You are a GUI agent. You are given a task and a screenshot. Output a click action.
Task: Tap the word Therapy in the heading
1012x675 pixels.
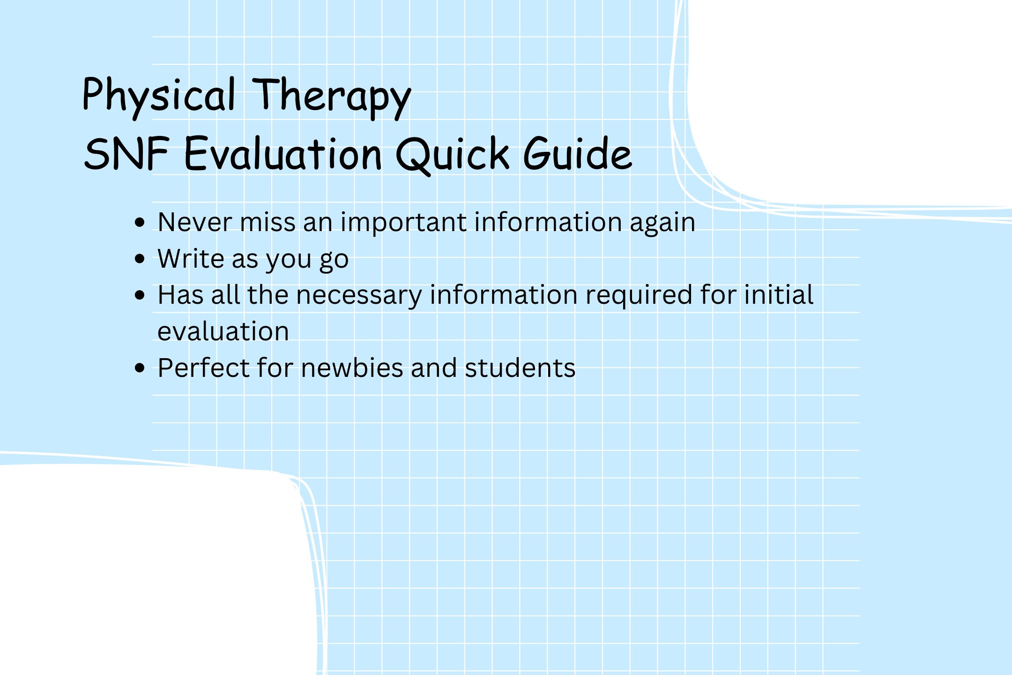coord(332,96)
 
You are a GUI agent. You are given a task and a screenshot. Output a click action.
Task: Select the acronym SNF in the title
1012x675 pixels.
coord(126,154)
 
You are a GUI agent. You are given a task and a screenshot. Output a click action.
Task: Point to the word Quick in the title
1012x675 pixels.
coord(453,154)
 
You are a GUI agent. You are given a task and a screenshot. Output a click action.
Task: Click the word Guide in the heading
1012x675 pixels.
coord(577,154)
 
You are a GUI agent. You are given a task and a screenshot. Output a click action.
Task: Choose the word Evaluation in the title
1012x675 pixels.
coord(283,154)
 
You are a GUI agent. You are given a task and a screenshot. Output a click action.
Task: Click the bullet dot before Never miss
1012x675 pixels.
coord(139,222)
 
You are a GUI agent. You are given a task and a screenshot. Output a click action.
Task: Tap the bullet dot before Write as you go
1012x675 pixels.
coord(139,259)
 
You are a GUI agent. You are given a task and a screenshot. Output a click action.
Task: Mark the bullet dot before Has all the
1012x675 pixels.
coord(139,295)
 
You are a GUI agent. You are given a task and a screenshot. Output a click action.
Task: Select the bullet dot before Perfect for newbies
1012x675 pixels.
coord(139,368)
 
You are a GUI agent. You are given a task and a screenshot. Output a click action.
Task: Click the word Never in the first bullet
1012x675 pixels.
coord(195,222)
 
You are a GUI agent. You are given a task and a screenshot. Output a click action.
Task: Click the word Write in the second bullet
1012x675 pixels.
coord(191,259)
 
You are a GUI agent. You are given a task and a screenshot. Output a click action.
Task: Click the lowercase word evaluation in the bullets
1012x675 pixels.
coord(223,332)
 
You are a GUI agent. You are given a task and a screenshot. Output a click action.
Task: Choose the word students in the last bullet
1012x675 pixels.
coord(520,368)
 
